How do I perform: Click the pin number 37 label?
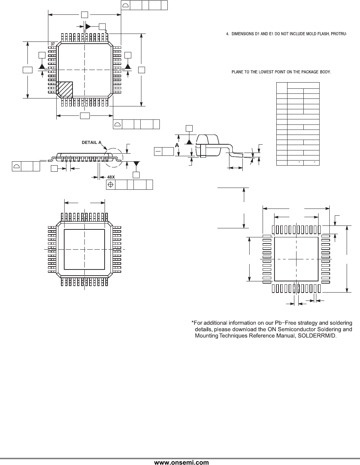(x=53, y=44)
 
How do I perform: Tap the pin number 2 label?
(x=106, y=31)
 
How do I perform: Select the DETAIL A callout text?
(x=92, y=142)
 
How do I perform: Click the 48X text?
(x=111, y=177)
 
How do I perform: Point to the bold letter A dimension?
(x=177, y=145)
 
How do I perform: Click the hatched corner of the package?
(x=64, y=90)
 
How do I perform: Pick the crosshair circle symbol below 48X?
(x=111, y=184)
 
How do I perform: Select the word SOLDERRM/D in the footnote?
(x=317, y=335)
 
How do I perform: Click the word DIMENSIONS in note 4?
(x=243, y=34)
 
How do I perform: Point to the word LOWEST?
(x=265, y=72)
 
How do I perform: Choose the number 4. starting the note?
(x=228, y=34)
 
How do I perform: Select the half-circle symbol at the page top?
(x=126, y=5)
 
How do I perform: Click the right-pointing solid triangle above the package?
(x=88, y=27)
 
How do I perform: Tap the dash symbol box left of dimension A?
(x=158, y=152)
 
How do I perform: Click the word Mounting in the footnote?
(x=206, y=335)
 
